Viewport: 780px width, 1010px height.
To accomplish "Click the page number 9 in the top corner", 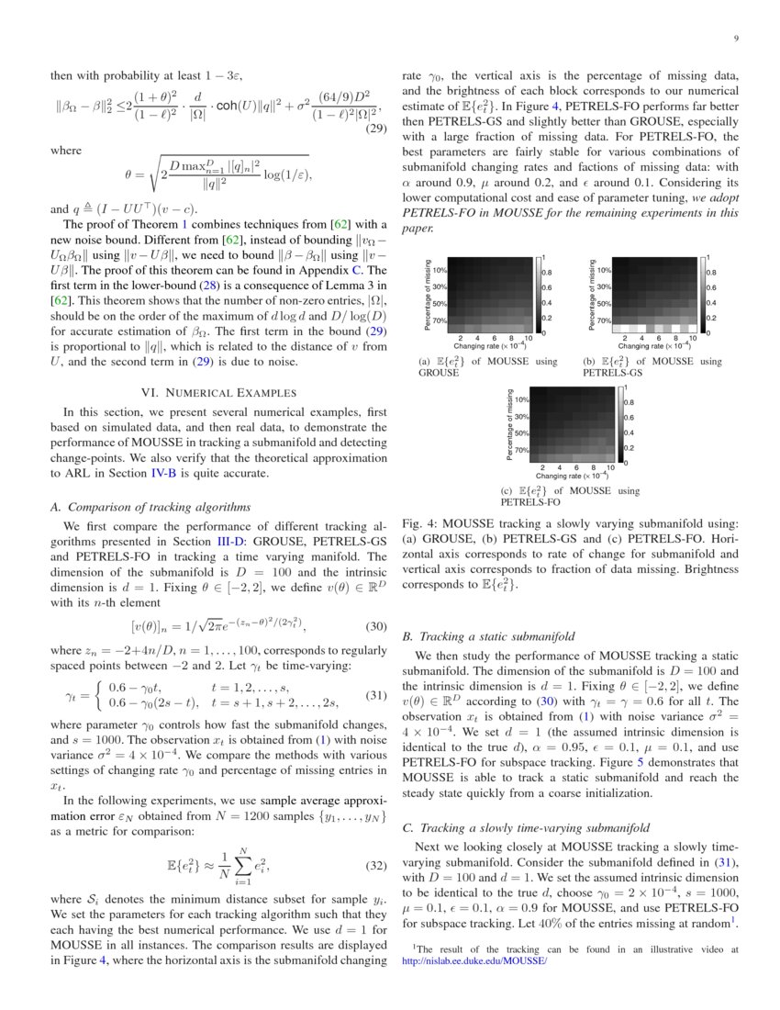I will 737,38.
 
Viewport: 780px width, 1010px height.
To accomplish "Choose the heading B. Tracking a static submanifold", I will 489,635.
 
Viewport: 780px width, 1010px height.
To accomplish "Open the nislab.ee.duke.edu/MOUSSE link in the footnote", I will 474,960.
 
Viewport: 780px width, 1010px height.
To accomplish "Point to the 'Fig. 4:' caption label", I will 418,523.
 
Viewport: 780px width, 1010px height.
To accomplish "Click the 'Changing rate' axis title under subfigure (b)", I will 653,347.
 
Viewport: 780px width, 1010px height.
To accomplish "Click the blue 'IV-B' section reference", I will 162,473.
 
